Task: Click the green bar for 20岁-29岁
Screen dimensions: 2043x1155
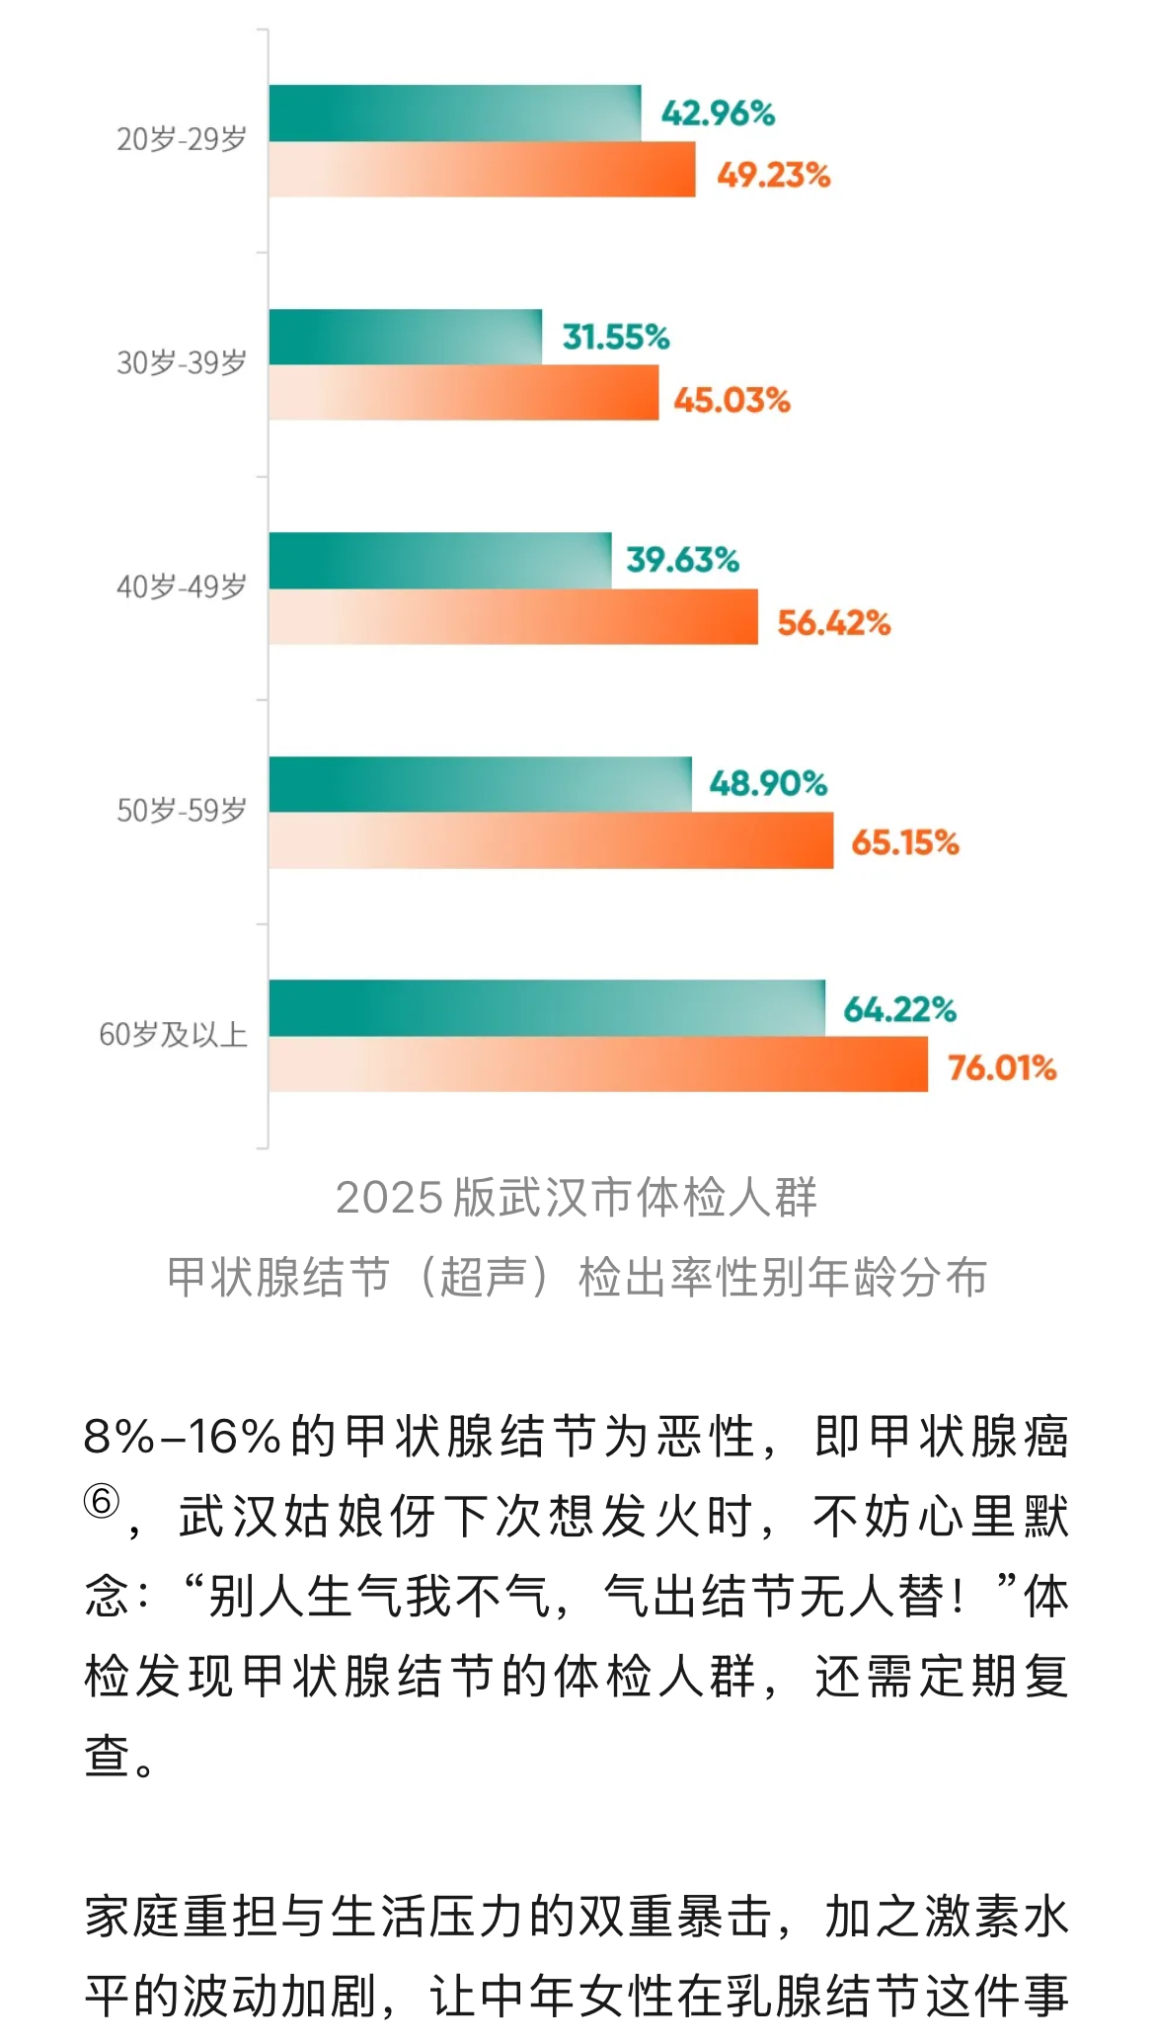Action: click(x=454, y=114)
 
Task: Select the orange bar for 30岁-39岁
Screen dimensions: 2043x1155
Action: click(x=463, y=393)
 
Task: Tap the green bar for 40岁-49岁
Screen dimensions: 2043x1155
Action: click(x=439, y=561)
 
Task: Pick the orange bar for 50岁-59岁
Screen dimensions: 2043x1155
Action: click(x=550, y=840)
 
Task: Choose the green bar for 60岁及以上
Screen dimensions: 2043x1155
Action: click(x=546, y=1008)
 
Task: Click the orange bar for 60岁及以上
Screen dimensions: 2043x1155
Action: click(x=597, y=1064)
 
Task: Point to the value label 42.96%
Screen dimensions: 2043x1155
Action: click(x=718, y=114)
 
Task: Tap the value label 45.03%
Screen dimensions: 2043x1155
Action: click(x=731, y=400)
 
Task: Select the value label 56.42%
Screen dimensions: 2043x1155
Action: click(x=833, y=623)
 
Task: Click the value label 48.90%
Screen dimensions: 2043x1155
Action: click(x=767, y=784)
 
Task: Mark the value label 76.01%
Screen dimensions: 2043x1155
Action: click(x=1001, y=1067)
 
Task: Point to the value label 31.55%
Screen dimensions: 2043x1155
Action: click(x=615, y=338)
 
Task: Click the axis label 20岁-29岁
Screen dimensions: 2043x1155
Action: click(x=182, y=140)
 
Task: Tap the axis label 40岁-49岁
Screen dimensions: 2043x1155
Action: click(x=182, y=588)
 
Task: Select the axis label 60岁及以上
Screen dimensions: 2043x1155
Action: click(x=173, y=1035)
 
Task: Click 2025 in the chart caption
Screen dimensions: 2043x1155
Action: click(x=389, y=1198)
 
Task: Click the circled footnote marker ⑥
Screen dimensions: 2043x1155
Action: click(x=101, y=1503)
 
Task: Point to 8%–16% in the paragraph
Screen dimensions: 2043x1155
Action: click(x=184, y=1437)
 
